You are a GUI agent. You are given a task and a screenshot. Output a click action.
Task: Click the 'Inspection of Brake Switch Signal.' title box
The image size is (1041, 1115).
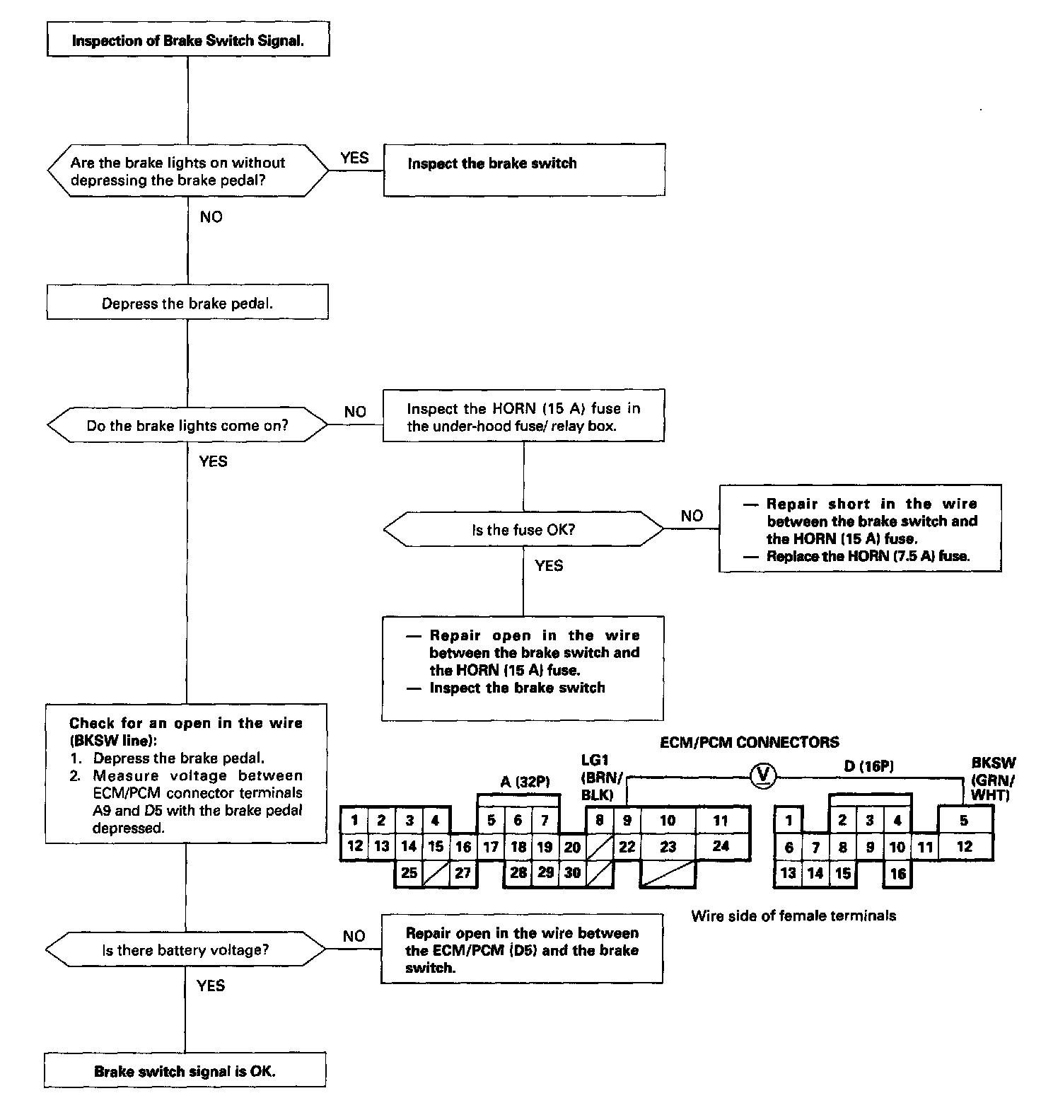187,40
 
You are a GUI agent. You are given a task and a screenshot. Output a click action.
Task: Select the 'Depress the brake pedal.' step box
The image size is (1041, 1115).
187,304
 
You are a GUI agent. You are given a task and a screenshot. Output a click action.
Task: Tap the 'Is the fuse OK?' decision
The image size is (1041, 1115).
523,529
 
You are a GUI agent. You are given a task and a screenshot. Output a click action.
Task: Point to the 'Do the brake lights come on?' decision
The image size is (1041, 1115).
187,426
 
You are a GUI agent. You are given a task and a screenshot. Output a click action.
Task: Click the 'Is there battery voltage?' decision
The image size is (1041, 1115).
185,950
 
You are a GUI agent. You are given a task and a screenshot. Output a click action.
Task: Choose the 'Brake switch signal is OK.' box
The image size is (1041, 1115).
185,1071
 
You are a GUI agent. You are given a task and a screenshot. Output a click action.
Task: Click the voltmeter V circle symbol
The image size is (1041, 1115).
762,777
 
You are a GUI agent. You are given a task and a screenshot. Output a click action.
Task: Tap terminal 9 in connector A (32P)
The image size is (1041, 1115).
627,821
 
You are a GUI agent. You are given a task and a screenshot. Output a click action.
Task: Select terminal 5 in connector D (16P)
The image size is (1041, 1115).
964,821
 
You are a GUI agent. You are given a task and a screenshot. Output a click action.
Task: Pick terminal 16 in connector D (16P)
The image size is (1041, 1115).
897,873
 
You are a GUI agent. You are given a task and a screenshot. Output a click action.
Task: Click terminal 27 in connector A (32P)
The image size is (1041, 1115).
463,872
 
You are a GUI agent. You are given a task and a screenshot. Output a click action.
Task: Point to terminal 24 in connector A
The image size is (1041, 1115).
721,846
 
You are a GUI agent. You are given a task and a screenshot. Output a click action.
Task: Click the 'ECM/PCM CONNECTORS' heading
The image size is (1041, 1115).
749,742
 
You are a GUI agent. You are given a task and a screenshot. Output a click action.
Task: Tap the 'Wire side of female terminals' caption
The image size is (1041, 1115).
793,915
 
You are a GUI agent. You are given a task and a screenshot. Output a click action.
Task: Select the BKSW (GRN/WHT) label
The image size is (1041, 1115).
993,779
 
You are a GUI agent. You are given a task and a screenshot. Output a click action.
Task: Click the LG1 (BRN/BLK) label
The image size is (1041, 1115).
601,777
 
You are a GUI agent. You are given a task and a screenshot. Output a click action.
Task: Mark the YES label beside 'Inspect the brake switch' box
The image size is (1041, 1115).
354,158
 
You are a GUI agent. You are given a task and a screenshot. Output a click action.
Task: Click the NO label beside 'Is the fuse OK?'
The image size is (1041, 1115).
692,516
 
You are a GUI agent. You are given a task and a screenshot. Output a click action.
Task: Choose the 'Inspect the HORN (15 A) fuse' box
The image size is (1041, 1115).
523,417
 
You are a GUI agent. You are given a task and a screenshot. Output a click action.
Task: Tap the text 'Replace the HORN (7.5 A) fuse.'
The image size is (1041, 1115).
868,556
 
